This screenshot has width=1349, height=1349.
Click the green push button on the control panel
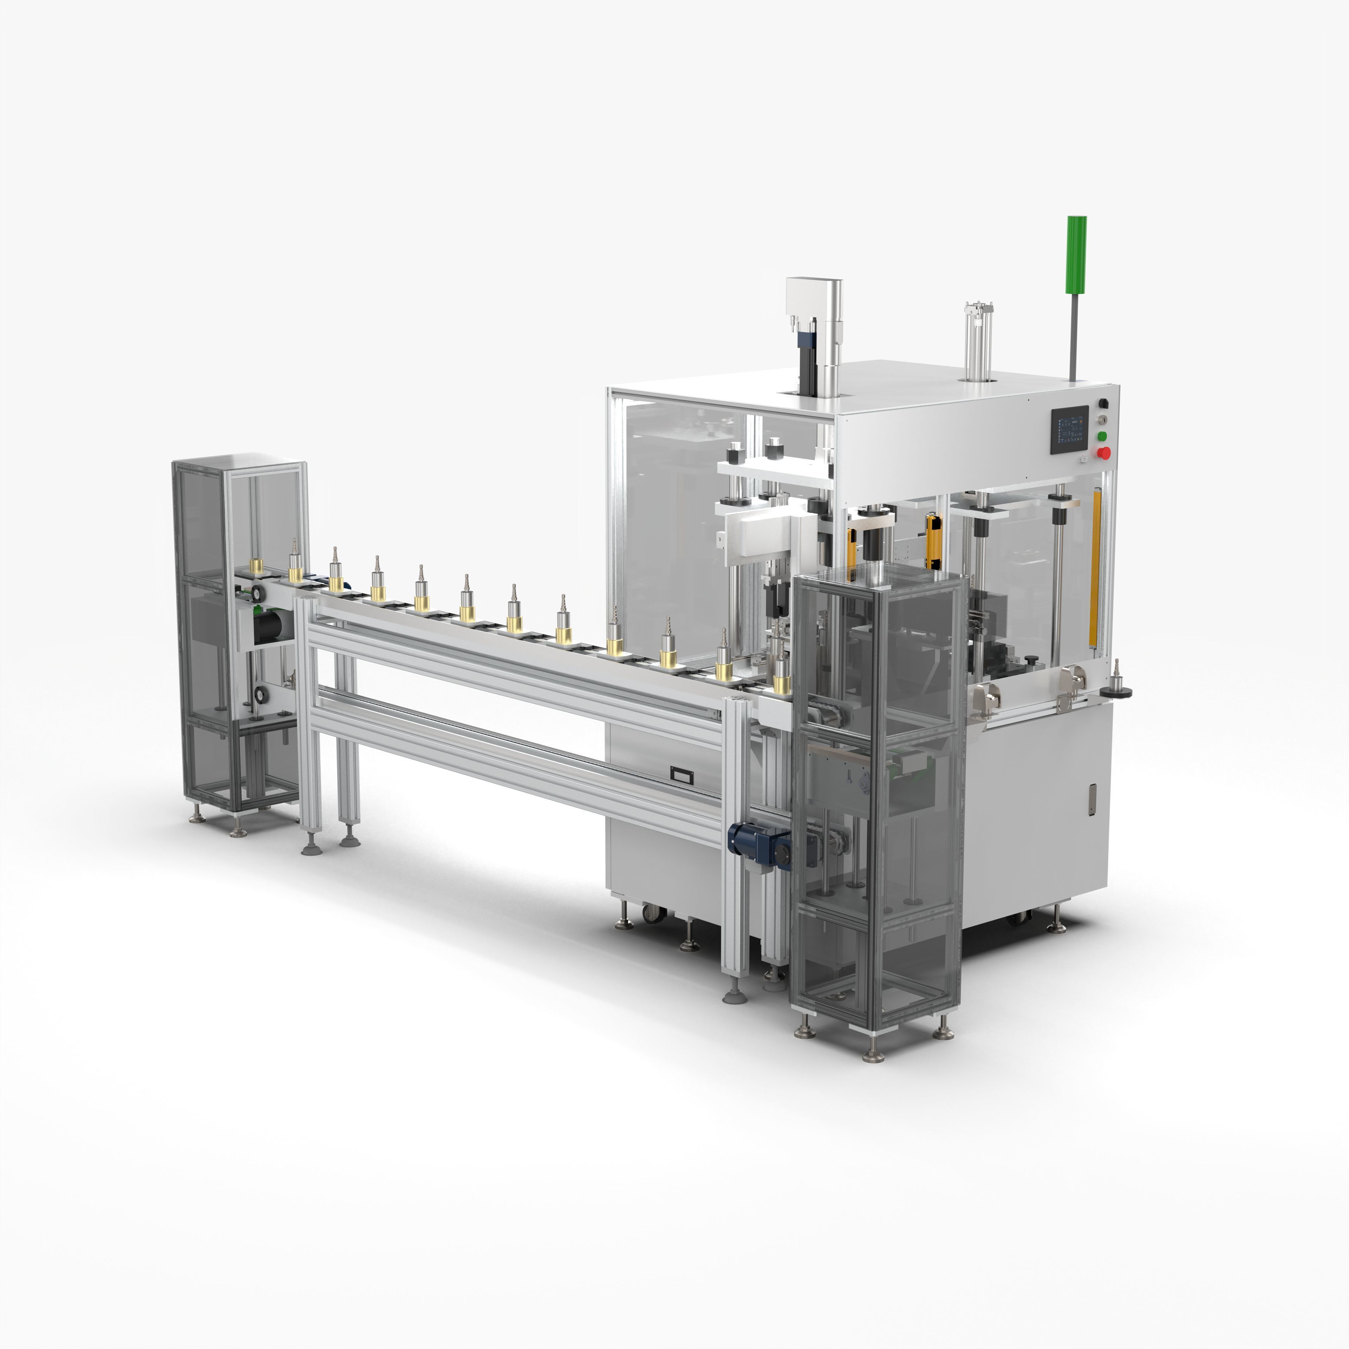point(1102,436)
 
